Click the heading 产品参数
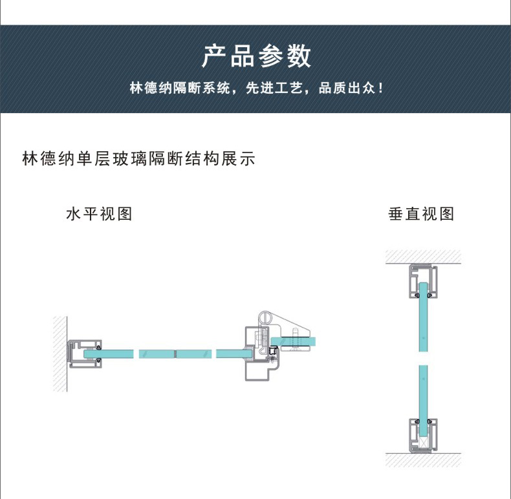[255, 57]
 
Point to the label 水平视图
[99, 214]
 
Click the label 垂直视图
[421, 214]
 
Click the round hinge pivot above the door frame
[266, 317]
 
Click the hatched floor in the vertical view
[423, 460]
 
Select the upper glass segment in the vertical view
[422, 320]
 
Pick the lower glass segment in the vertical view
[422, 394]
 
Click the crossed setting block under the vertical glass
[422, 441]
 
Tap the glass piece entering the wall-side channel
[116, 354]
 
